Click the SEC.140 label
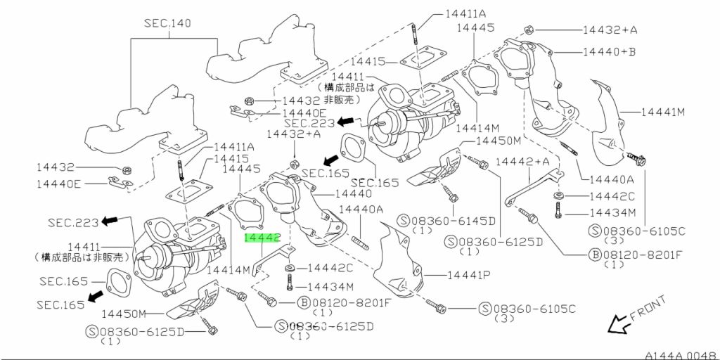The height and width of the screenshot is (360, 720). coord(167,23)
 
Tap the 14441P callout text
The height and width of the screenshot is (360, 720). coord(469,275)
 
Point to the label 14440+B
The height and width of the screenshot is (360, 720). coord(609,51)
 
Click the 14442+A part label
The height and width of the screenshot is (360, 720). coord(522,161)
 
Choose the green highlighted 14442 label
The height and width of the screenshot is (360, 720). coord(262,238)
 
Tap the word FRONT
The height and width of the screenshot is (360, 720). coord(648,307)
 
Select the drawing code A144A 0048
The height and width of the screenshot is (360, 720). coord(682,355)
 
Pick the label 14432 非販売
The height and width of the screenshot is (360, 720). coord(321,101)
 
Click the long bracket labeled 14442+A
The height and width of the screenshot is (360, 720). coord(533,188)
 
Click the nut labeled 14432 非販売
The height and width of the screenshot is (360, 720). coord(247,100)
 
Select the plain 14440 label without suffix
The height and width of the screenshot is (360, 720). coord(354,194)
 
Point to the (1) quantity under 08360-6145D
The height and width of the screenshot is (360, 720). coord(420,230)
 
